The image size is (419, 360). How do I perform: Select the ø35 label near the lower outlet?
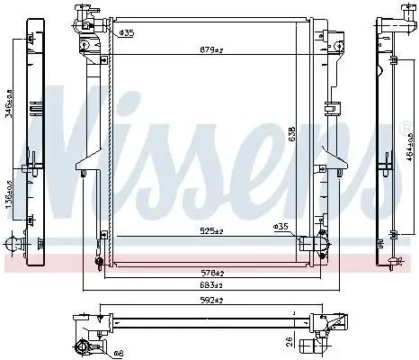281,226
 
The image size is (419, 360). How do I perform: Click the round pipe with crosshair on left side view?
13,243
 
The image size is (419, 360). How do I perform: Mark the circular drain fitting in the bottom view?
83,349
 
